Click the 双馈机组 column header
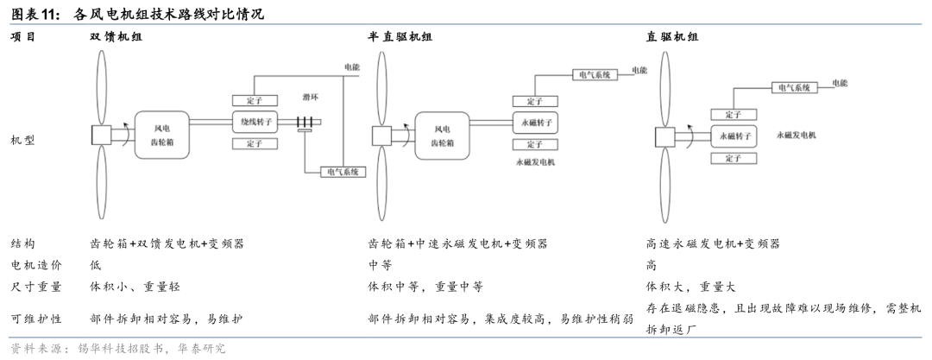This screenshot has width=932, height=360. pos(116,36)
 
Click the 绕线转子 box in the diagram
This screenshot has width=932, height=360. pos(255,123)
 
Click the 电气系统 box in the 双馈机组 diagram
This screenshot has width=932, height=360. pos(343,172)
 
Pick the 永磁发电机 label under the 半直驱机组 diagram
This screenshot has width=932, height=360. pos(535,161)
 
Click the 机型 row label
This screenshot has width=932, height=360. pos(22,142)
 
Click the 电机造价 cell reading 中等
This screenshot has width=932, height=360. pos(380,265)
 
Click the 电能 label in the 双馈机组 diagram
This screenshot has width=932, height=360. pos(351,67)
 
